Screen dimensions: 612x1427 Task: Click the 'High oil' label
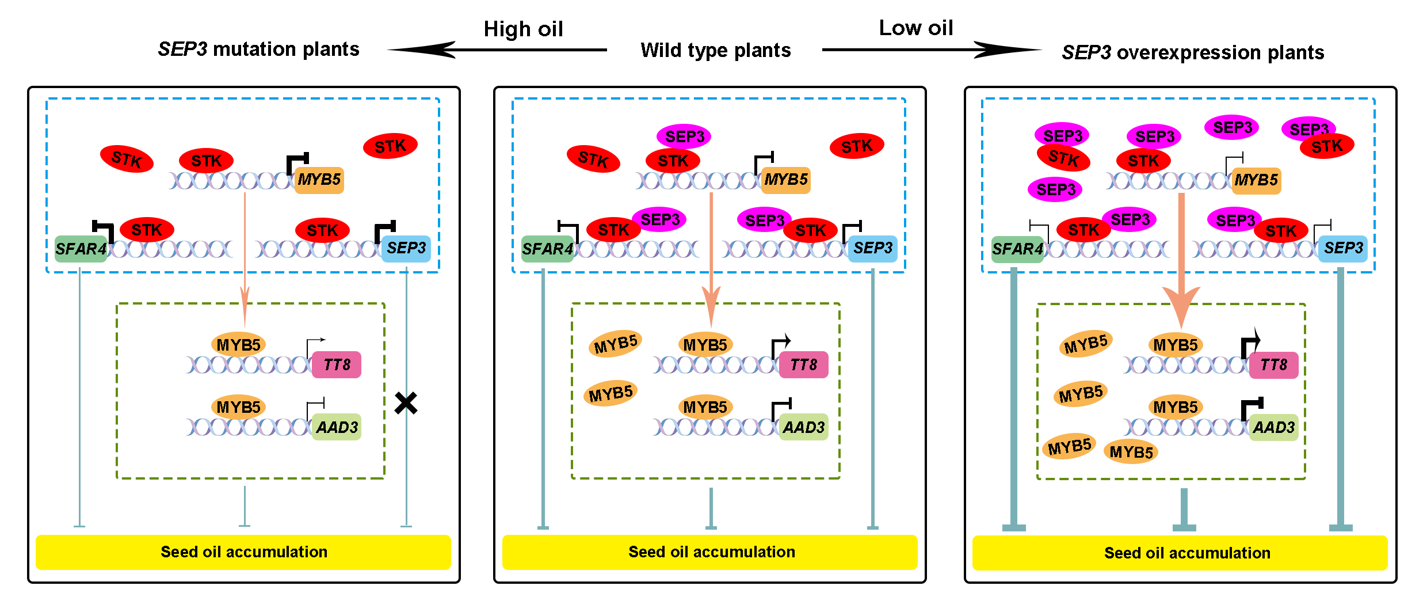523,29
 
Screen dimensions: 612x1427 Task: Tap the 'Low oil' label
915,28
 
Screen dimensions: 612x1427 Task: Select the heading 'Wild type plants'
715,50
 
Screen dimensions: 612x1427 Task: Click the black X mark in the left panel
406,403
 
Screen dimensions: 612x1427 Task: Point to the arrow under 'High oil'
497,50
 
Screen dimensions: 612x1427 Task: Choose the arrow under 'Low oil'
932,50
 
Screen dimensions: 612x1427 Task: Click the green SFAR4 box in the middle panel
547,249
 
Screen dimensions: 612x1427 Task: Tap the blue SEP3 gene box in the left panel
406,248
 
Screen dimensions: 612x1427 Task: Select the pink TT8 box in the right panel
1273,365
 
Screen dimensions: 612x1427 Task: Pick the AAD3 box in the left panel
337,427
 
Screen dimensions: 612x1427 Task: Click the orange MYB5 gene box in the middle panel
785,180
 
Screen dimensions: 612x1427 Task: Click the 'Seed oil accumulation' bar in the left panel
243,552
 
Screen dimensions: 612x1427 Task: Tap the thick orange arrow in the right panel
1181,259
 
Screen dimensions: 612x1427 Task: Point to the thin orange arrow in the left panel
245,259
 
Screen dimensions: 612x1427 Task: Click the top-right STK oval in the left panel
390,146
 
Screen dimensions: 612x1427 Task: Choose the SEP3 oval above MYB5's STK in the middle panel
684,136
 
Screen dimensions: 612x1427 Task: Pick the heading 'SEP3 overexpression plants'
1193,52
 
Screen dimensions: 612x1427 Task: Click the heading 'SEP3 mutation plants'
258,50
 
